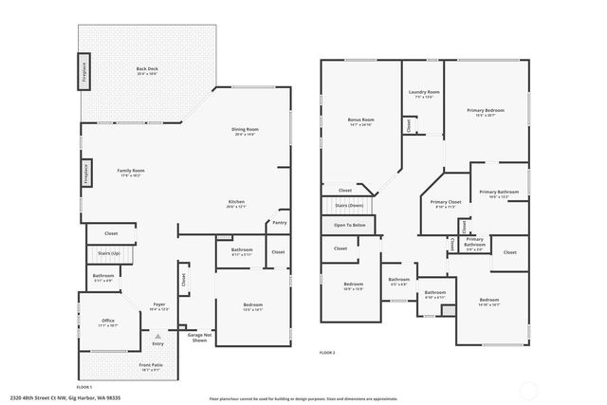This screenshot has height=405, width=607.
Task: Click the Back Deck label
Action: tap(147, 69)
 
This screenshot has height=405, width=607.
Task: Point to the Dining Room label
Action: tap(246, 130)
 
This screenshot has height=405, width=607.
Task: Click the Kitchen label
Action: tap(237, 201)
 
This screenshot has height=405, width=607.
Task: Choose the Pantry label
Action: tap(279, 223)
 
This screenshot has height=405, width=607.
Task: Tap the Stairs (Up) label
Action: tap(109, 254)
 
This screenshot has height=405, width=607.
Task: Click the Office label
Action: tap(108, 322)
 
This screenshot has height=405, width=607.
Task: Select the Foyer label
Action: tap(159, 305)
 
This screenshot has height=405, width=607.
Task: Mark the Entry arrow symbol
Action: tap(158, 335)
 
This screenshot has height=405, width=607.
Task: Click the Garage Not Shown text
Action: tap(198, 338)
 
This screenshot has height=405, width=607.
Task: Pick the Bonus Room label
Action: tap(360, 120)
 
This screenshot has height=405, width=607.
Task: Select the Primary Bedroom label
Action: tap(485, 111)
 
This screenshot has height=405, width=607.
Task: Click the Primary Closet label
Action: tap(445, 202)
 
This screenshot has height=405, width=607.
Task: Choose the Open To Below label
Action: tap(350, 225)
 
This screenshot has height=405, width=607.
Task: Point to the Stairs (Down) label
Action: tap(349, 205)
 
